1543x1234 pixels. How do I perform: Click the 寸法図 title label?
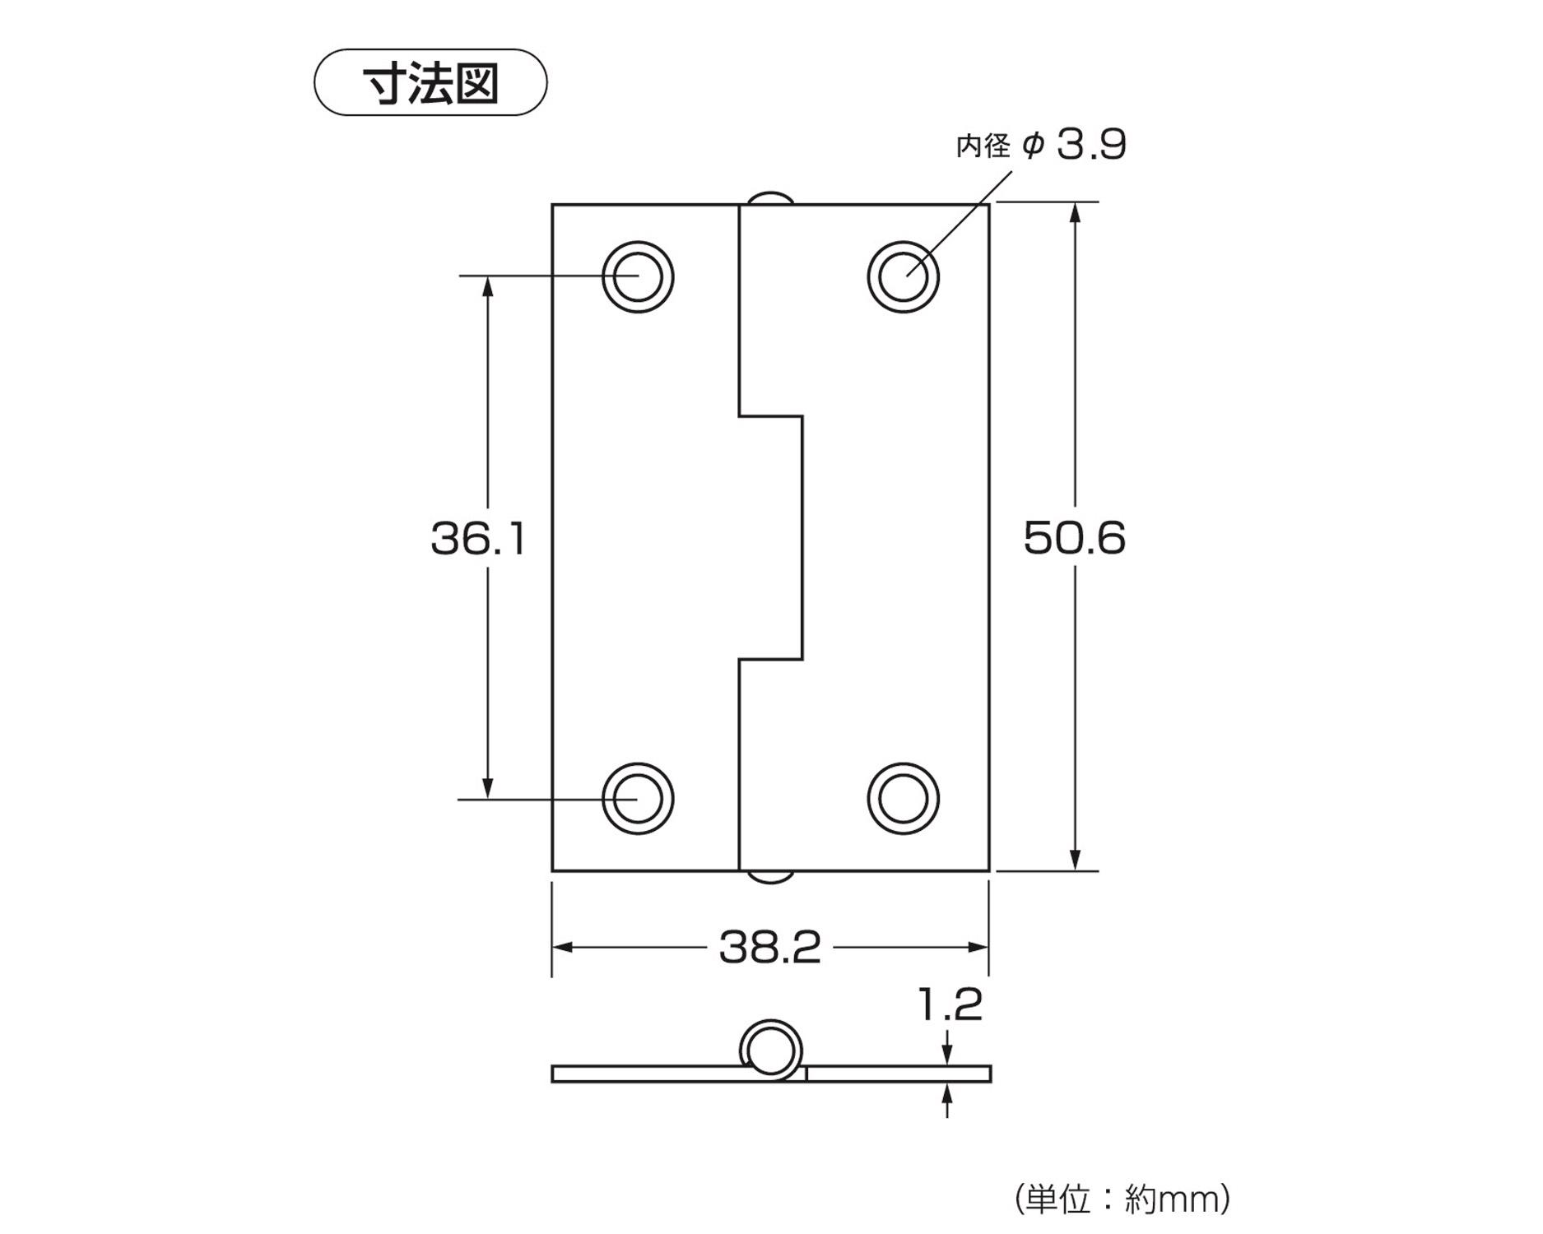[x=430, y=83]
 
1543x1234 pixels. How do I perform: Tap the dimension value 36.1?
[x=478, y=539]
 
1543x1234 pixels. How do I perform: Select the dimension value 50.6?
[x=1074, y=538]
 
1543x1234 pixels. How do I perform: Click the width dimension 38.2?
[x=769, y=947]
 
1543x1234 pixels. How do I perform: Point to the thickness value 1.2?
[x=950, y=1004]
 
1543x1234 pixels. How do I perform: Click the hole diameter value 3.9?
[x=1091, y=145]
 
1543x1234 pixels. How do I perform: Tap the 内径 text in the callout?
[x=983, y=146]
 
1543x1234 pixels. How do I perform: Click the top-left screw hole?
[x=638, y=276]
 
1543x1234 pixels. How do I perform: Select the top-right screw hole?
[x=903, y=276]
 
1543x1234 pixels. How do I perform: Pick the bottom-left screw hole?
[x=638, y=798]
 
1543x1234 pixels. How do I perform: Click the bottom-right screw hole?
[x=903, y=798]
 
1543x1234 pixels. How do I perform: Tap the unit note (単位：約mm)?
[x=1122, y=1199]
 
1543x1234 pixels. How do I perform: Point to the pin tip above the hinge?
[x=770, y=198]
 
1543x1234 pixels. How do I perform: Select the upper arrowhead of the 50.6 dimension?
[x=1075, y=213]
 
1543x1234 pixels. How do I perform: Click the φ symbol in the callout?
[x=1034, y=146]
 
